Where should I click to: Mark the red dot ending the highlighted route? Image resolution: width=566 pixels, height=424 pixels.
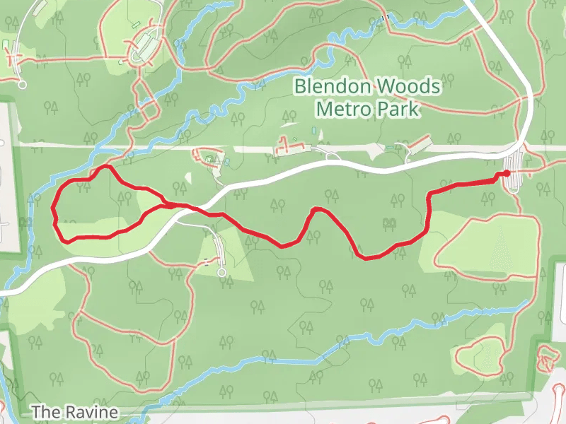pyautogui.click(x=507, y=173)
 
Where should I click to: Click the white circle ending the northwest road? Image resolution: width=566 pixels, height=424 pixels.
pyautogui.click(x=22, y=85)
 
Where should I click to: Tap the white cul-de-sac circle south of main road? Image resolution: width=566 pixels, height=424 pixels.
pyautogui.click(x=221, y=272)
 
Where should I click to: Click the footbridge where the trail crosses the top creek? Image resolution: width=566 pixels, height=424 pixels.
pyautogui.click(x=385, y=18)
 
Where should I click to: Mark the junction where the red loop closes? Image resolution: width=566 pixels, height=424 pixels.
pyautogui.click(x=168, y=205)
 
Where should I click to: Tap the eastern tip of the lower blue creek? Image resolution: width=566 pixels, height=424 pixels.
pyautogui.click(x=526, y=302)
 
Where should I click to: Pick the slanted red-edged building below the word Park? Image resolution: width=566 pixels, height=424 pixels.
pyautogui.click(x=420, y=143)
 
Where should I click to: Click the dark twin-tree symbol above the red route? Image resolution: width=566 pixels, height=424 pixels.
pyautogui.click(x=388, y=224)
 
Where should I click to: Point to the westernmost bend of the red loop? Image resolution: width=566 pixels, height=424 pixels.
pyautogui.click(x=54, y=208)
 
